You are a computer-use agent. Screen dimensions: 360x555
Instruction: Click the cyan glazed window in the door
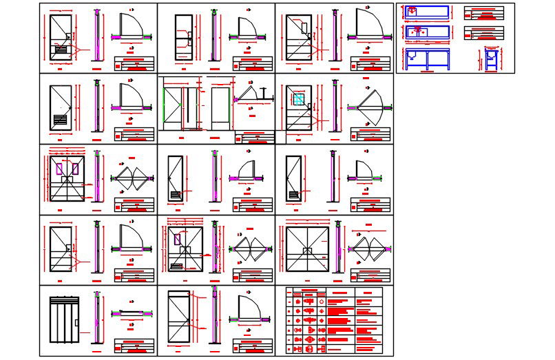[x=299, y=100]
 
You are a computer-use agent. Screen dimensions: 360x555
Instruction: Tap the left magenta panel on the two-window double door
[x=60, y=168]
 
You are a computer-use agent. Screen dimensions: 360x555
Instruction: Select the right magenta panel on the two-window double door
[x=74, y=168]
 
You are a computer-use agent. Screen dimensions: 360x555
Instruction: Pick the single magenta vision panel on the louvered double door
[x=178, y=240]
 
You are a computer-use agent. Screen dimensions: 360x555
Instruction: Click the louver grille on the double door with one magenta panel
[x=177, y=266]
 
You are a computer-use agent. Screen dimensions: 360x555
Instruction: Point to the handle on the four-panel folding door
[x=76, y=322]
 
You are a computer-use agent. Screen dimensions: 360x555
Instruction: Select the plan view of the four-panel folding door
[x=132, y=313]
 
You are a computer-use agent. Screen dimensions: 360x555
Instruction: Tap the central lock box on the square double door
[x=307, y=251]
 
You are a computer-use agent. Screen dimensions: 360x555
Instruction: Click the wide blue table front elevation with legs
[x=427, y=59]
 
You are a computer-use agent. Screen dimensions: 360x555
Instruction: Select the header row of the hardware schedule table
[x=334, y=292]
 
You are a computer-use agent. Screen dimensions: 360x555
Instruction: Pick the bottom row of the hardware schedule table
[x=334, y=349]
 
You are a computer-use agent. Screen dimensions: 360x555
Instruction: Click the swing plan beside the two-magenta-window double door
[x=132, y=178]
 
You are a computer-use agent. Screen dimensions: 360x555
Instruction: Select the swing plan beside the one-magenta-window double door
[x=250, y=248]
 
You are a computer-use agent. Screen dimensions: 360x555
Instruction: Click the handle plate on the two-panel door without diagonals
[x=188, y=41]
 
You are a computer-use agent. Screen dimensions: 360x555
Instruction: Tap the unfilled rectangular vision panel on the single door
[x=304, y=27]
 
